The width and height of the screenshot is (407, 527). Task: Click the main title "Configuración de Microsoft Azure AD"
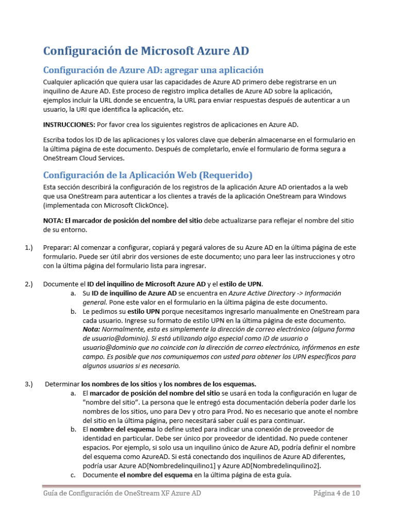click(146, 50)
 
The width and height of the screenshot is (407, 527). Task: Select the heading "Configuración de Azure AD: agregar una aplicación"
click(153, 70)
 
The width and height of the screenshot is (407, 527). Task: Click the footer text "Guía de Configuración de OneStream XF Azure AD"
click(122, 494)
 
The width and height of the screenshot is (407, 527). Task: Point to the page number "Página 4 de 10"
click(336, 494)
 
